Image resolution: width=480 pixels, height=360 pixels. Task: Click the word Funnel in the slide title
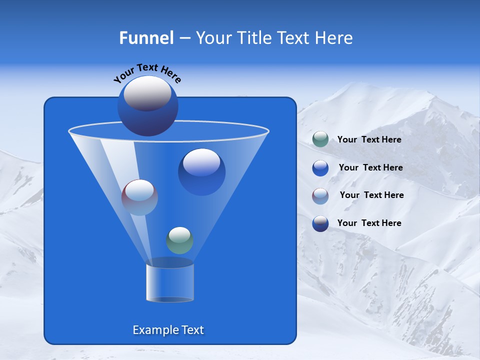tap(146, 38)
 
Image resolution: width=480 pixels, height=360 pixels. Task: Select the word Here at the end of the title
tap(333, 38)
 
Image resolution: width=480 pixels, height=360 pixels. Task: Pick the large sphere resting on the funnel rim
tap(148, 106)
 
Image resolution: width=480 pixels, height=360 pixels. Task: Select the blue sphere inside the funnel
tap(201, 171)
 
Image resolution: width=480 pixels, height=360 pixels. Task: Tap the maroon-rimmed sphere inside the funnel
tap(139, 197)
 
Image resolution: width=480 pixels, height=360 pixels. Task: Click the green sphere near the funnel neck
tap(179, 240)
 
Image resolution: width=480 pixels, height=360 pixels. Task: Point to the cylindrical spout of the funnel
tap(170, 282)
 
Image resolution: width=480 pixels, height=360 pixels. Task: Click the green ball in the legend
tap(320, 139)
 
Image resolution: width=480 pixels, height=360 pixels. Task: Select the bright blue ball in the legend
tap(320, 167)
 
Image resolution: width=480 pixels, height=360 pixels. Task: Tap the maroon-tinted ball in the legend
tap(320, 195)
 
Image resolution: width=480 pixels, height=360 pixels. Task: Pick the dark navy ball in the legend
tap(320, 223)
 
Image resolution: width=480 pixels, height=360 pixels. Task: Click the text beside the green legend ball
tap(369, 139)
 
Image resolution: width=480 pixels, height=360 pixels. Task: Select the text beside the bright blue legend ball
tap(370, 167)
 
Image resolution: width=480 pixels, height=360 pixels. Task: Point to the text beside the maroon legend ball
tap(371, 195)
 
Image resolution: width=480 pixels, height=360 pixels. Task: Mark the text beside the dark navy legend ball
tap(369, 223)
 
